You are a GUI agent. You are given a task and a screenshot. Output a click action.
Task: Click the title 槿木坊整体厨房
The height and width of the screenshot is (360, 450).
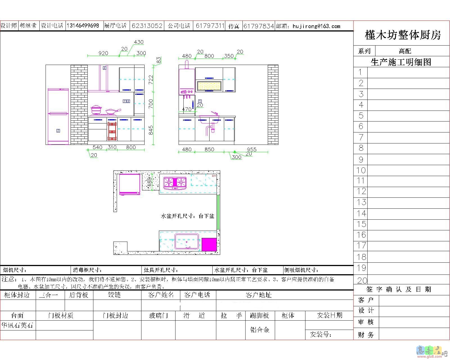pos(402,35)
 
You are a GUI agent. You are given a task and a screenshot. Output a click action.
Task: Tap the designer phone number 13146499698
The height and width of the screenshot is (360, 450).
pos(83,26)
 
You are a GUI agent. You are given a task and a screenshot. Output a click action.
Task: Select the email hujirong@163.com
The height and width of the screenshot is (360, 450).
pos(316,26)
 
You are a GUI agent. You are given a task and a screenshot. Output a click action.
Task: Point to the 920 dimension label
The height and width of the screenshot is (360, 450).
pos(103,53)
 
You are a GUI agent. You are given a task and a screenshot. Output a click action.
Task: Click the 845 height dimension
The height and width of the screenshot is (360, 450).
pos(151,130)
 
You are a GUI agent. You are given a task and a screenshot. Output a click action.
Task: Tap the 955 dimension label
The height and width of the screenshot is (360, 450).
pos(251,149)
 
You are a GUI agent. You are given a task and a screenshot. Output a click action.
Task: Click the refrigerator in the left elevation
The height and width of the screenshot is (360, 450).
pos(58,116)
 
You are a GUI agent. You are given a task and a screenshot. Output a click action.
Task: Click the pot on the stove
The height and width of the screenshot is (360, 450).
pos(96,109)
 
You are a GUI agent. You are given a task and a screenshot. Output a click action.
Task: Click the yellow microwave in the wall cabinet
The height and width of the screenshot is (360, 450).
pos(209,86)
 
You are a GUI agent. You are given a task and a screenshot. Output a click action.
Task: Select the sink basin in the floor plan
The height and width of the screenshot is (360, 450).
pos(186,241)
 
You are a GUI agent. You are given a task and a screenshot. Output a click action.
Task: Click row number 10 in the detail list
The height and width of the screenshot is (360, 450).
pos(361,170)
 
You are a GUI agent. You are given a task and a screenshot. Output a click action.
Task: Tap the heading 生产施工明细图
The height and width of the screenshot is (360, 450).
pos(401,62)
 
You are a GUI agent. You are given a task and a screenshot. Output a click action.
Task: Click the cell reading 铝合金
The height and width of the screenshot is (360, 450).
pos(260,329)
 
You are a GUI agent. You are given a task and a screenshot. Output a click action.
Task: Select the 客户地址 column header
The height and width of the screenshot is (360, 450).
pos(258,295)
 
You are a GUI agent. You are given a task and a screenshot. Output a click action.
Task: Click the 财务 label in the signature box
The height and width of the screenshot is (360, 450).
pos(366,335)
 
